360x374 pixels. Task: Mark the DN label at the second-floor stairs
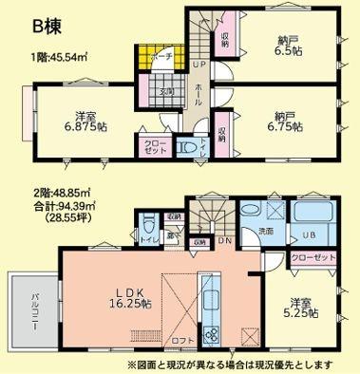coord(223,241)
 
